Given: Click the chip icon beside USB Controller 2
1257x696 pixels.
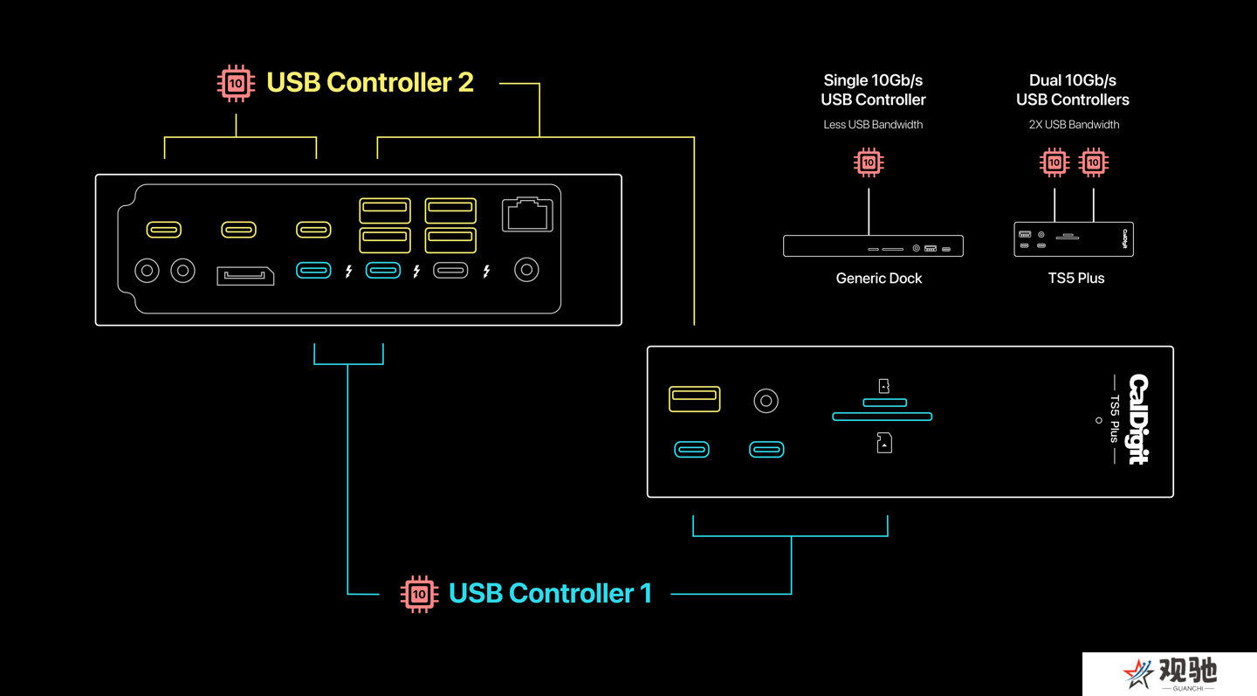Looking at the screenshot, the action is coord(236,83).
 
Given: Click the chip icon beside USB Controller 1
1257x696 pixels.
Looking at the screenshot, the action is coord(419,594).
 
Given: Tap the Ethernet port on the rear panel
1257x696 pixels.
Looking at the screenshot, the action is coord(527,214).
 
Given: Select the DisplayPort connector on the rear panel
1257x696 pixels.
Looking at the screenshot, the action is coord(245,276).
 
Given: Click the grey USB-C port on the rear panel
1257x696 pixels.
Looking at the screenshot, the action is coord(450,271).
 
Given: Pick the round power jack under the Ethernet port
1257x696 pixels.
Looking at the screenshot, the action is coord(526,270).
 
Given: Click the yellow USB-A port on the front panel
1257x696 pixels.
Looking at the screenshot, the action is coord(694,399).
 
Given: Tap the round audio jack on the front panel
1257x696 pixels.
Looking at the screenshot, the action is coord(766,401).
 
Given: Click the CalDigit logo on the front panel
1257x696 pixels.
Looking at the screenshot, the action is coord(1139,419).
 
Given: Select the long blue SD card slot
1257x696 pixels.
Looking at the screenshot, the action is coord(883,417).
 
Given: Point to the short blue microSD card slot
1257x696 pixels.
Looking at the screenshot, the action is coord(885,403).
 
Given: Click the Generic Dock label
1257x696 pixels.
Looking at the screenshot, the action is coord(879,279).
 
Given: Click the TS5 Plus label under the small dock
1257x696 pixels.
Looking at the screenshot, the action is coord(1076,279).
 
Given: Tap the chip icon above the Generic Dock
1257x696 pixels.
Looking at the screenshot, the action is coord(869,162).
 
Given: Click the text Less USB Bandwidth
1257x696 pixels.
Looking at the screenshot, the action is coord(873,125).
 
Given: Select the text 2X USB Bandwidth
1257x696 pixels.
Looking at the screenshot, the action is coord(1074,125).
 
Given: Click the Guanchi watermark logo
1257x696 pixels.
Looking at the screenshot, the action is coord(1170,673).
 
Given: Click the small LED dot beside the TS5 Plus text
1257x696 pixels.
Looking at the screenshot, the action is coord(1099,420).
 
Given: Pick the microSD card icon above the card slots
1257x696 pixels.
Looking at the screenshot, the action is coord(883,386).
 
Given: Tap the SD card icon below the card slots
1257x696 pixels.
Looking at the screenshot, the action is coord(884,443).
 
